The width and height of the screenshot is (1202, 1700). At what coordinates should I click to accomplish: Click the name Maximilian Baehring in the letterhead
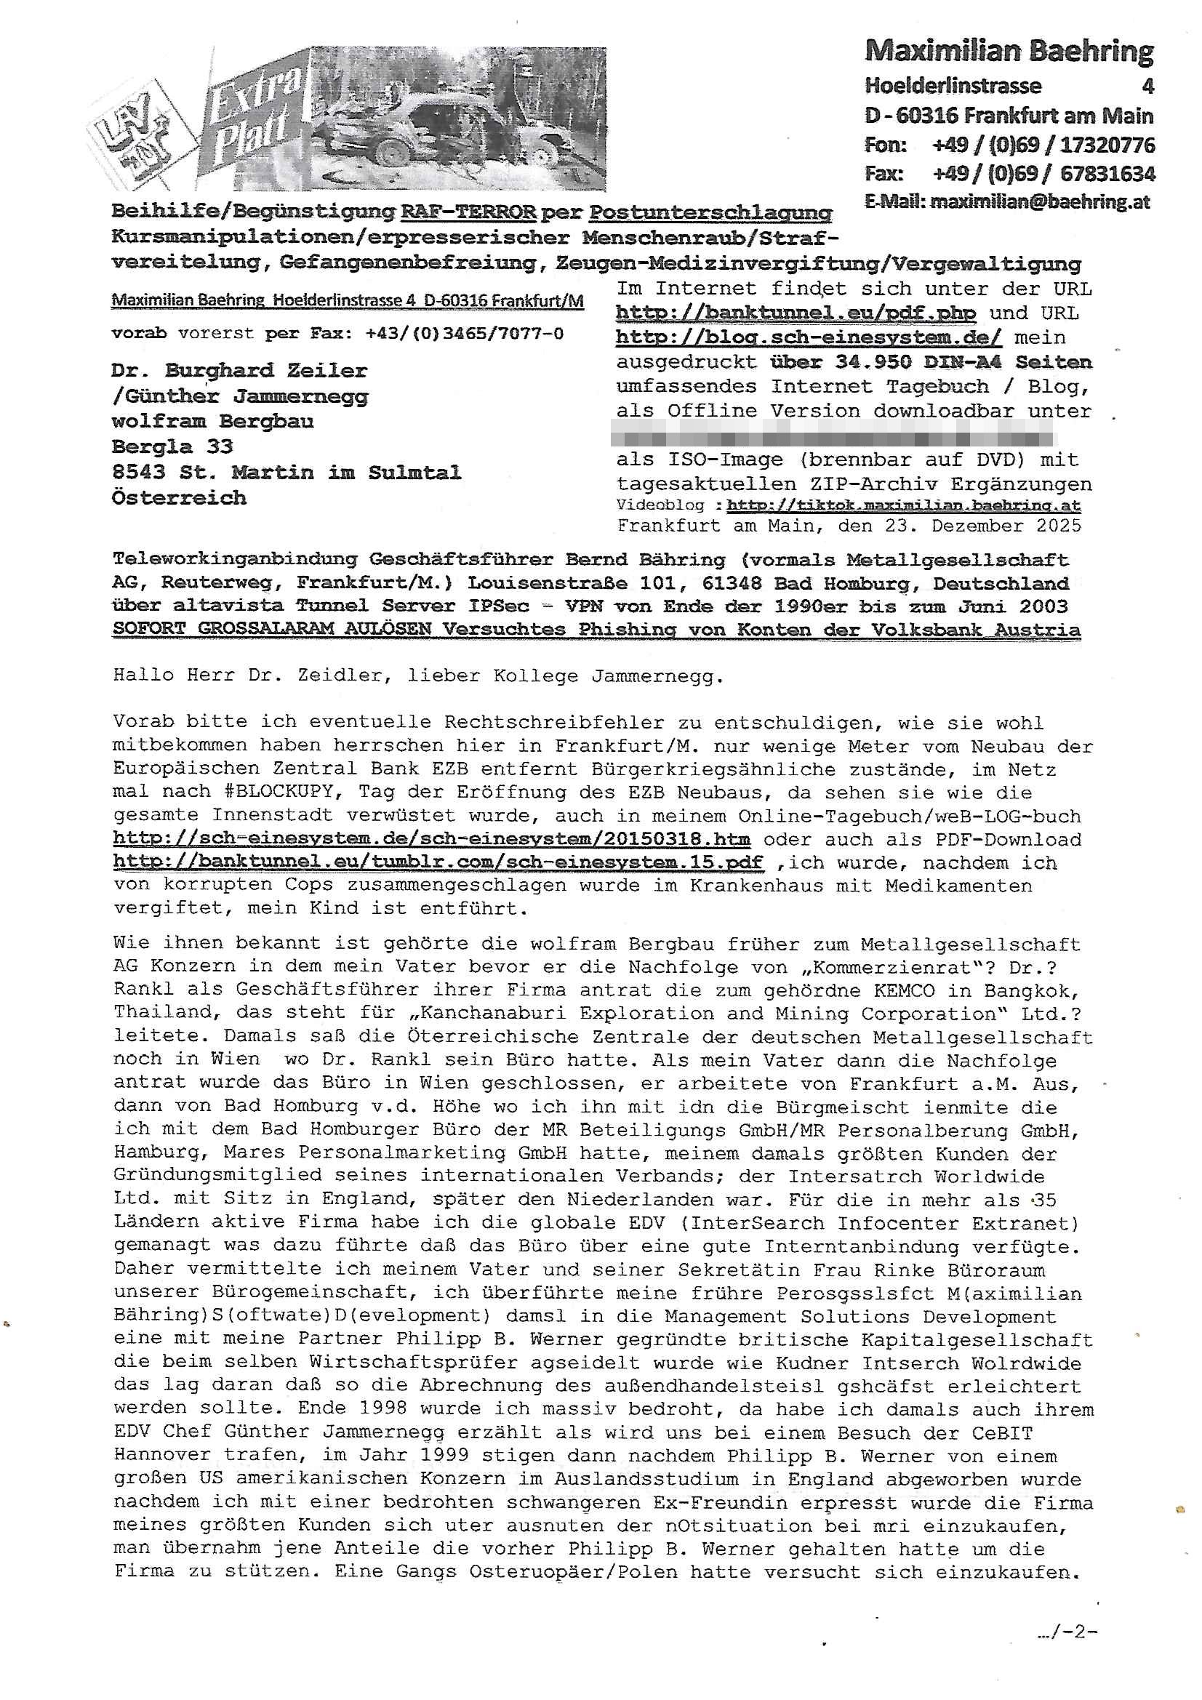click(x=1009, y=52)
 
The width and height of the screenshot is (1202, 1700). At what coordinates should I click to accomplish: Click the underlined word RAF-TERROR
click(x=468, y=212)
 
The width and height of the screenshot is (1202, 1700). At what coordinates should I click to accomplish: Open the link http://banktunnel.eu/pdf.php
click(x=796, y=313)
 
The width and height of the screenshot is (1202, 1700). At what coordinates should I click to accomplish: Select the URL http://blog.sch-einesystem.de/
click(x=809, y=337)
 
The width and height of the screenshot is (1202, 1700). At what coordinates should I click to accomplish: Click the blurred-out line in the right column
click(x=852, y=435)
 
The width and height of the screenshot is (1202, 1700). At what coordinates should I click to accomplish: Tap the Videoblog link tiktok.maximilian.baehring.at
click(x=904, y=505)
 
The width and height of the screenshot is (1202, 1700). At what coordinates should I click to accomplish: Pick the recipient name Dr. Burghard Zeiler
click(x=239, y=370)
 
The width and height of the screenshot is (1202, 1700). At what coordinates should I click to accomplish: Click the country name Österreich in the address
click(x=178, y=497)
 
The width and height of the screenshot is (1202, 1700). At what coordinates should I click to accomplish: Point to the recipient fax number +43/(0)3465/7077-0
click(x=465, y=334)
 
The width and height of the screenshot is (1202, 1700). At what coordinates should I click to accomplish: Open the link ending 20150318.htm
click(x=432, y=840)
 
